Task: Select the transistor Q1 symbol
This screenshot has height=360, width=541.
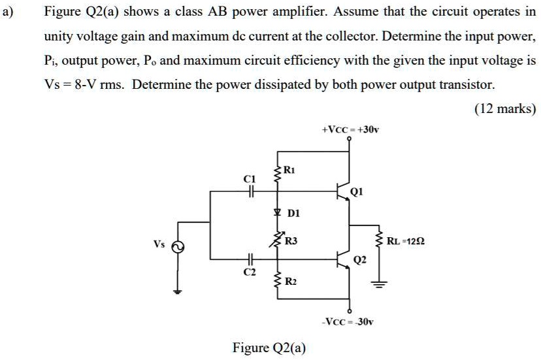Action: coord(342,191)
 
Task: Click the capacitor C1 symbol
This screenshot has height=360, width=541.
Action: coord(248,191)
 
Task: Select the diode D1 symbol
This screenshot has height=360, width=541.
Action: coord(278,212)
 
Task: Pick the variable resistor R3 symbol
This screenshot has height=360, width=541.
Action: coord(278,240)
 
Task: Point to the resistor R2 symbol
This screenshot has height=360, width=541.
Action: coord(278,281)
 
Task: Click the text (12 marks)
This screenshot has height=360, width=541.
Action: coord(505,108)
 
